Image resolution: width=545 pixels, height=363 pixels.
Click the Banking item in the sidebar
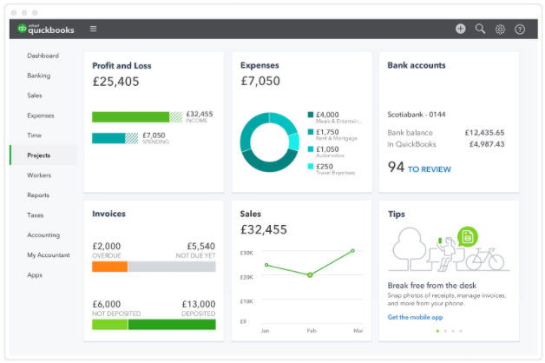38,76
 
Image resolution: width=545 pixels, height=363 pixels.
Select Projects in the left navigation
39,155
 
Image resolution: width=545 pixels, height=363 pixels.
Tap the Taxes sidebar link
36,215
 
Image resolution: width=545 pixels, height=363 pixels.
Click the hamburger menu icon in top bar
93,29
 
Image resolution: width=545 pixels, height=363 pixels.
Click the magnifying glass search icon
480,29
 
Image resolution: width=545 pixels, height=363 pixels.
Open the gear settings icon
500,29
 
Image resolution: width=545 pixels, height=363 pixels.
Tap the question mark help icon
520,29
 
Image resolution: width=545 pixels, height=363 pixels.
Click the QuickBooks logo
47,29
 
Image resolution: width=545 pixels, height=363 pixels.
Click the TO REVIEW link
429,169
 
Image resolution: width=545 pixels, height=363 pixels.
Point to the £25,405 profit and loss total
115,82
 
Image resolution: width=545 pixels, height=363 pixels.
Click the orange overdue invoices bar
109,267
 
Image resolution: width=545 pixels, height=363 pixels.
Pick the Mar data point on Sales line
353,251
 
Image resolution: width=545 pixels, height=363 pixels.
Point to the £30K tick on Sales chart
246,253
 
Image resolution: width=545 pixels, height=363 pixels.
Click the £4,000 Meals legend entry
327,115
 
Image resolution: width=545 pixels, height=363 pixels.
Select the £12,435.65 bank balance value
484,133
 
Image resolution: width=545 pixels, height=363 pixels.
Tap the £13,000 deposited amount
198,303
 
